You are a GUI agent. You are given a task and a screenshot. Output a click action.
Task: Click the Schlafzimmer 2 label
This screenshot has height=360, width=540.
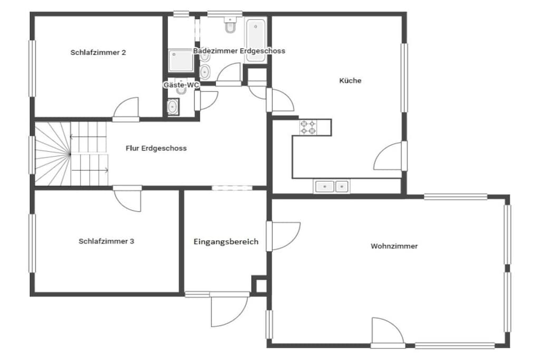coord(98,53)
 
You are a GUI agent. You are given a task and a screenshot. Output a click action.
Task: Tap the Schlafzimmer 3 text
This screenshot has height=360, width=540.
coord(107,241)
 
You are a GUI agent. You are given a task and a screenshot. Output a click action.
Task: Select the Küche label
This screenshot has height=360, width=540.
coord(350,81)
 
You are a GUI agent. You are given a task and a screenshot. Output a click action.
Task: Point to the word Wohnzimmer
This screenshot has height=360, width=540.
coord(394,246)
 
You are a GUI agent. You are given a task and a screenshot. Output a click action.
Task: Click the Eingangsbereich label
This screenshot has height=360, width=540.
coord(226,241)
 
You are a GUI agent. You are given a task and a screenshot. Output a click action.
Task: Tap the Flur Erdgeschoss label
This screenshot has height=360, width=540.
coord(156,148)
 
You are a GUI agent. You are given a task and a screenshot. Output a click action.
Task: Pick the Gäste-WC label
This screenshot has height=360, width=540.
coord(181,85)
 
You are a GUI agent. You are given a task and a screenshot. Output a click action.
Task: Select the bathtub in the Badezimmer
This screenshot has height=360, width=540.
coord(256,40)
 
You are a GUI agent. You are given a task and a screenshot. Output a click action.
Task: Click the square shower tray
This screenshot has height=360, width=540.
coord(181,61)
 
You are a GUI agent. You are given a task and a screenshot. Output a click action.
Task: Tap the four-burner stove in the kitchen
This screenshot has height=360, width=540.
coord(308,127)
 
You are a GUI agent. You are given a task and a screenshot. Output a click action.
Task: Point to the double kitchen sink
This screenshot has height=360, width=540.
coord(331,186)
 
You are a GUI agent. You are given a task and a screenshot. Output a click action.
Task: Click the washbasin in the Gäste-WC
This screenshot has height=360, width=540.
coord(173,106)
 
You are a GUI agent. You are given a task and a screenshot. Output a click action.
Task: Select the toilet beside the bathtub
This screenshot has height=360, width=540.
coord(230,25)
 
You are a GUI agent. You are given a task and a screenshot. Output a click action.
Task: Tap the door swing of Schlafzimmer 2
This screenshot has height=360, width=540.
coord(126,108)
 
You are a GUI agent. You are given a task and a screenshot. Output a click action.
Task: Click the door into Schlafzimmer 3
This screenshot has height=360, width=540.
coord(128,199)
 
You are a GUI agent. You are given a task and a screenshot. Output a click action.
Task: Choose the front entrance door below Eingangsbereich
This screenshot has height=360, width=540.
coord(229,310)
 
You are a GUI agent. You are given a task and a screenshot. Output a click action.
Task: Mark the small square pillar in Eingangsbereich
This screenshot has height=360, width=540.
coord(259,285)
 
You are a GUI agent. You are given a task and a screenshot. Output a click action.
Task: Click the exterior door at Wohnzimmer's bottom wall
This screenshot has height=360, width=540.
coord(387,332)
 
